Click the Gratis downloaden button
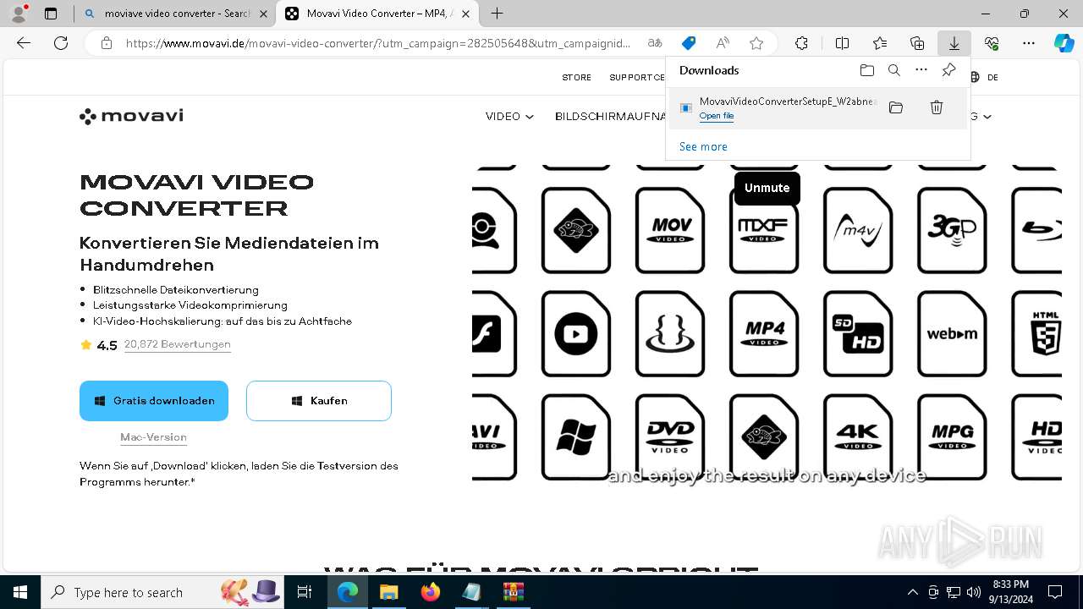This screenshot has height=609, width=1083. click(x=154, y=401)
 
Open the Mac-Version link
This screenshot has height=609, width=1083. click(x=153, y=437)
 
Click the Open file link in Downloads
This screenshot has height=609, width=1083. click(x=717, y=116)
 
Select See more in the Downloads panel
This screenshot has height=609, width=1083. click(x=703, y=146)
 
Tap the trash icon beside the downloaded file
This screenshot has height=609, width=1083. click(x=937, y=107)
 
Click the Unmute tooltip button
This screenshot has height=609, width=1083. click(x=767, y=188)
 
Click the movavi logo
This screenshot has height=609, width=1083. click(x=131, y=116)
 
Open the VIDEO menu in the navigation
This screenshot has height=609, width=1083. click(x=509, y=117)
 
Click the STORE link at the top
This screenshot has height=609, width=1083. click(x=577, y=77)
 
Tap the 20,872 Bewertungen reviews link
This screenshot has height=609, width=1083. click(x=177, y=344)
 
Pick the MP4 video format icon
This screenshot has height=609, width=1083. click(x=764, y=333)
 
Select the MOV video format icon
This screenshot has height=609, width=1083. click(x=670, y=230)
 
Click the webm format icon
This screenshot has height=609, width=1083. click(x=952, y=333)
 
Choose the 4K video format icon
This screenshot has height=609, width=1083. click(x=858, y=436)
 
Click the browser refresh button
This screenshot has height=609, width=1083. click(x=61, y=43)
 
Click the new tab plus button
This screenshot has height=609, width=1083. click(x=498, y=14)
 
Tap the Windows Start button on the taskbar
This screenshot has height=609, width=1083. click(x=20, y=592)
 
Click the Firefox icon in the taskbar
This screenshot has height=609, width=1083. click(x=431, y=592)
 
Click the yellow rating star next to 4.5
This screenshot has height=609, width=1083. click(x=85, y=345)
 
